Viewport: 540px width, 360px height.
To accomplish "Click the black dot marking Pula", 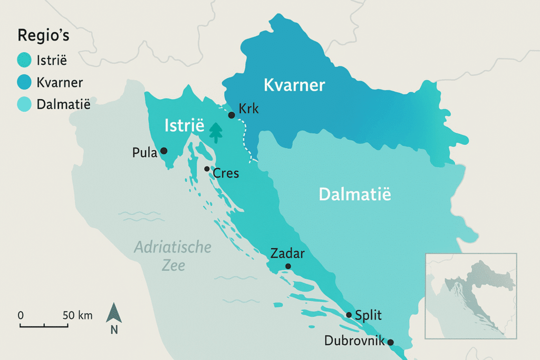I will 163,151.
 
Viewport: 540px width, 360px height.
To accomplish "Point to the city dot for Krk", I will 231,115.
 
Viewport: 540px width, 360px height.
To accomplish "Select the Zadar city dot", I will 287,266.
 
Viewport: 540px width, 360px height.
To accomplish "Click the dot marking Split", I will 349,315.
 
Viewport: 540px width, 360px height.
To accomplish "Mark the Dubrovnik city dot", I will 390,342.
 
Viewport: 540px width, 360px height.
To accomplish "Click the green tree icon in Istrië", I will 215,133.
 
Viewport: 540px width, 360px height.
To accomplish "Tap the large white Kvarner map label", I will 294,85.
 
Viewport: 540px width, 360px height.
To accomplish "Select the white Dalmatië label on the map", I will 355,194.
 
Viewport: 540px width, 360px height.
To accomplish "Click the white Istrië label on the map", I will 184,125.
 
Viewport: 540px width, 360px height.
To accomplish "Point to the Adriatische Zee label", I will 172,256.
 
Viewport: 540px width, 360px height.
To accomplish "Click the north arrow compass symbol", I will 114,314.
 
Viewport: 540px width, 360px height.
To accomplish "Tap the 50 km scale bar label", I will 78,316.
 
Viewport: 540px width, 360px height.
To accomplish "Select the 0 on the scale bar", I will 21,316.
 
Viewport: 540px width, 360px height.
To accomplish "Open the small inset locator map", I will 471,296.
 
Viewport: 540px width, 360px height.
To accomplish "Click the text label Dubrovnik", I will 353,340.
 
